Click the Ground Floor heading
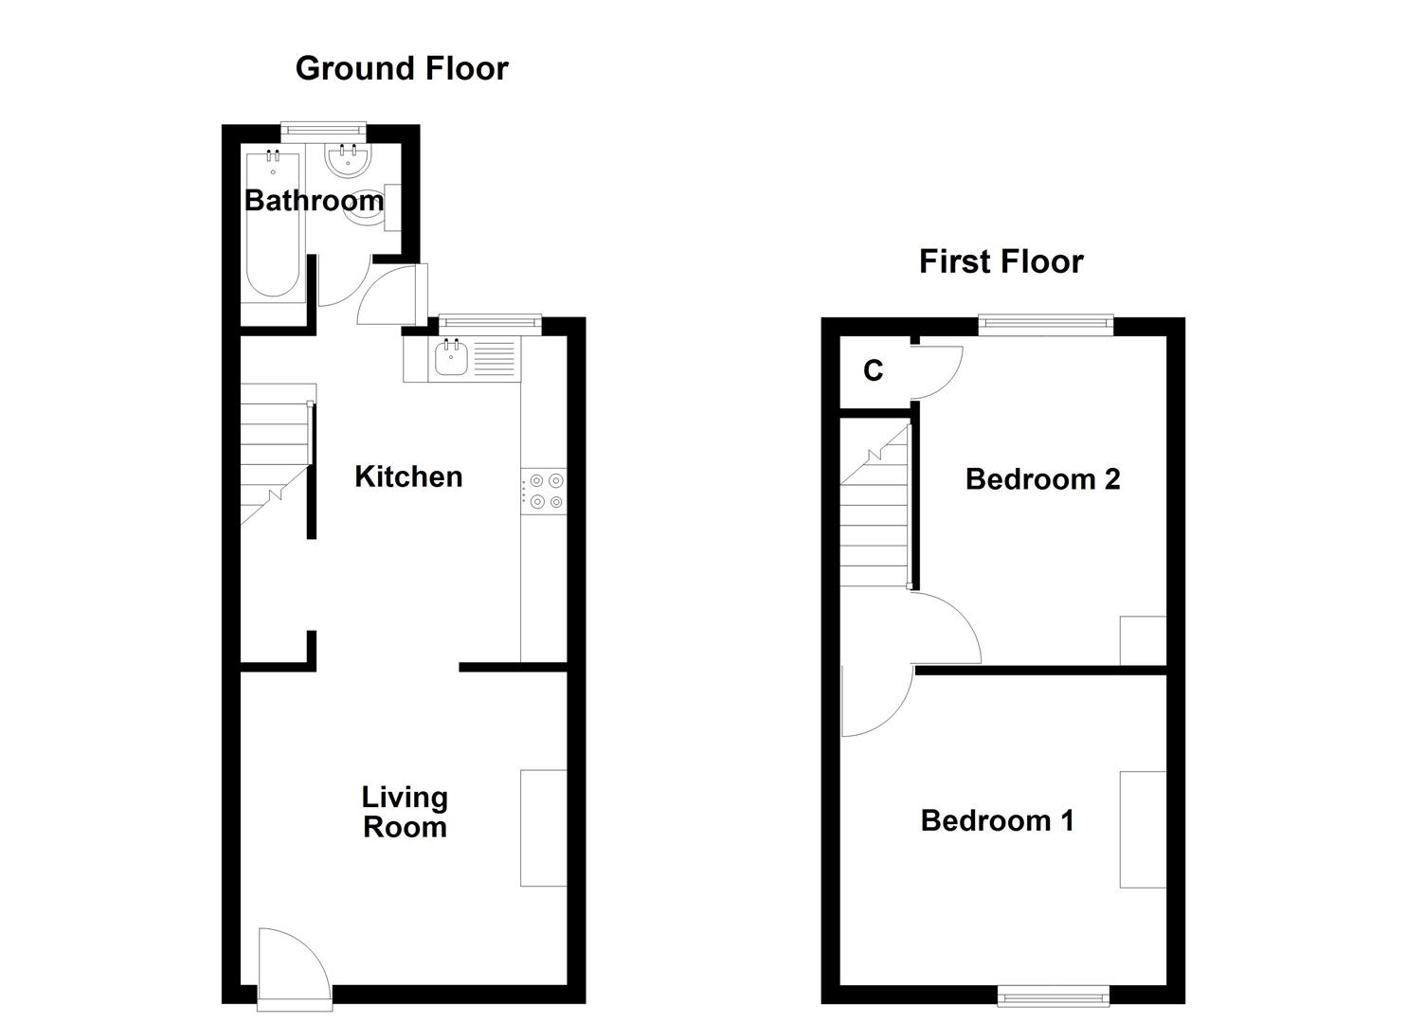tap(402, 68)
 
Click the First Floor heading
tap(1001, 261)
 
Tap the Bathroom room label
tap(314, 200)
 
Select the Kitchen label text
tap(408, 476)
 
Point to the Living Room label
tap(405, 812)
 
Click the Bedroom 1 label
tap(997, 820)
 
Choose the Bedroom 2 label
tap(1042, 479)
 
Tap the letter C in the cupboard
tap(873, 370)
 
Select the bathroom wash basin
tap(349, 161)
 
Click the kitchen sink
tap(451, 359)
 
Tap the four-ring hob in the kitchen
tap(546, 492)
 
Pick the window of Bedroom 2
tap(1045, 325)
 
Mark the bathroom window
tap(323, 130)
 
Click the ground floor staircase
tap(275, 455)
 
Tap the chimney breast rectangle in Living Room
tap(543, 828)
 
